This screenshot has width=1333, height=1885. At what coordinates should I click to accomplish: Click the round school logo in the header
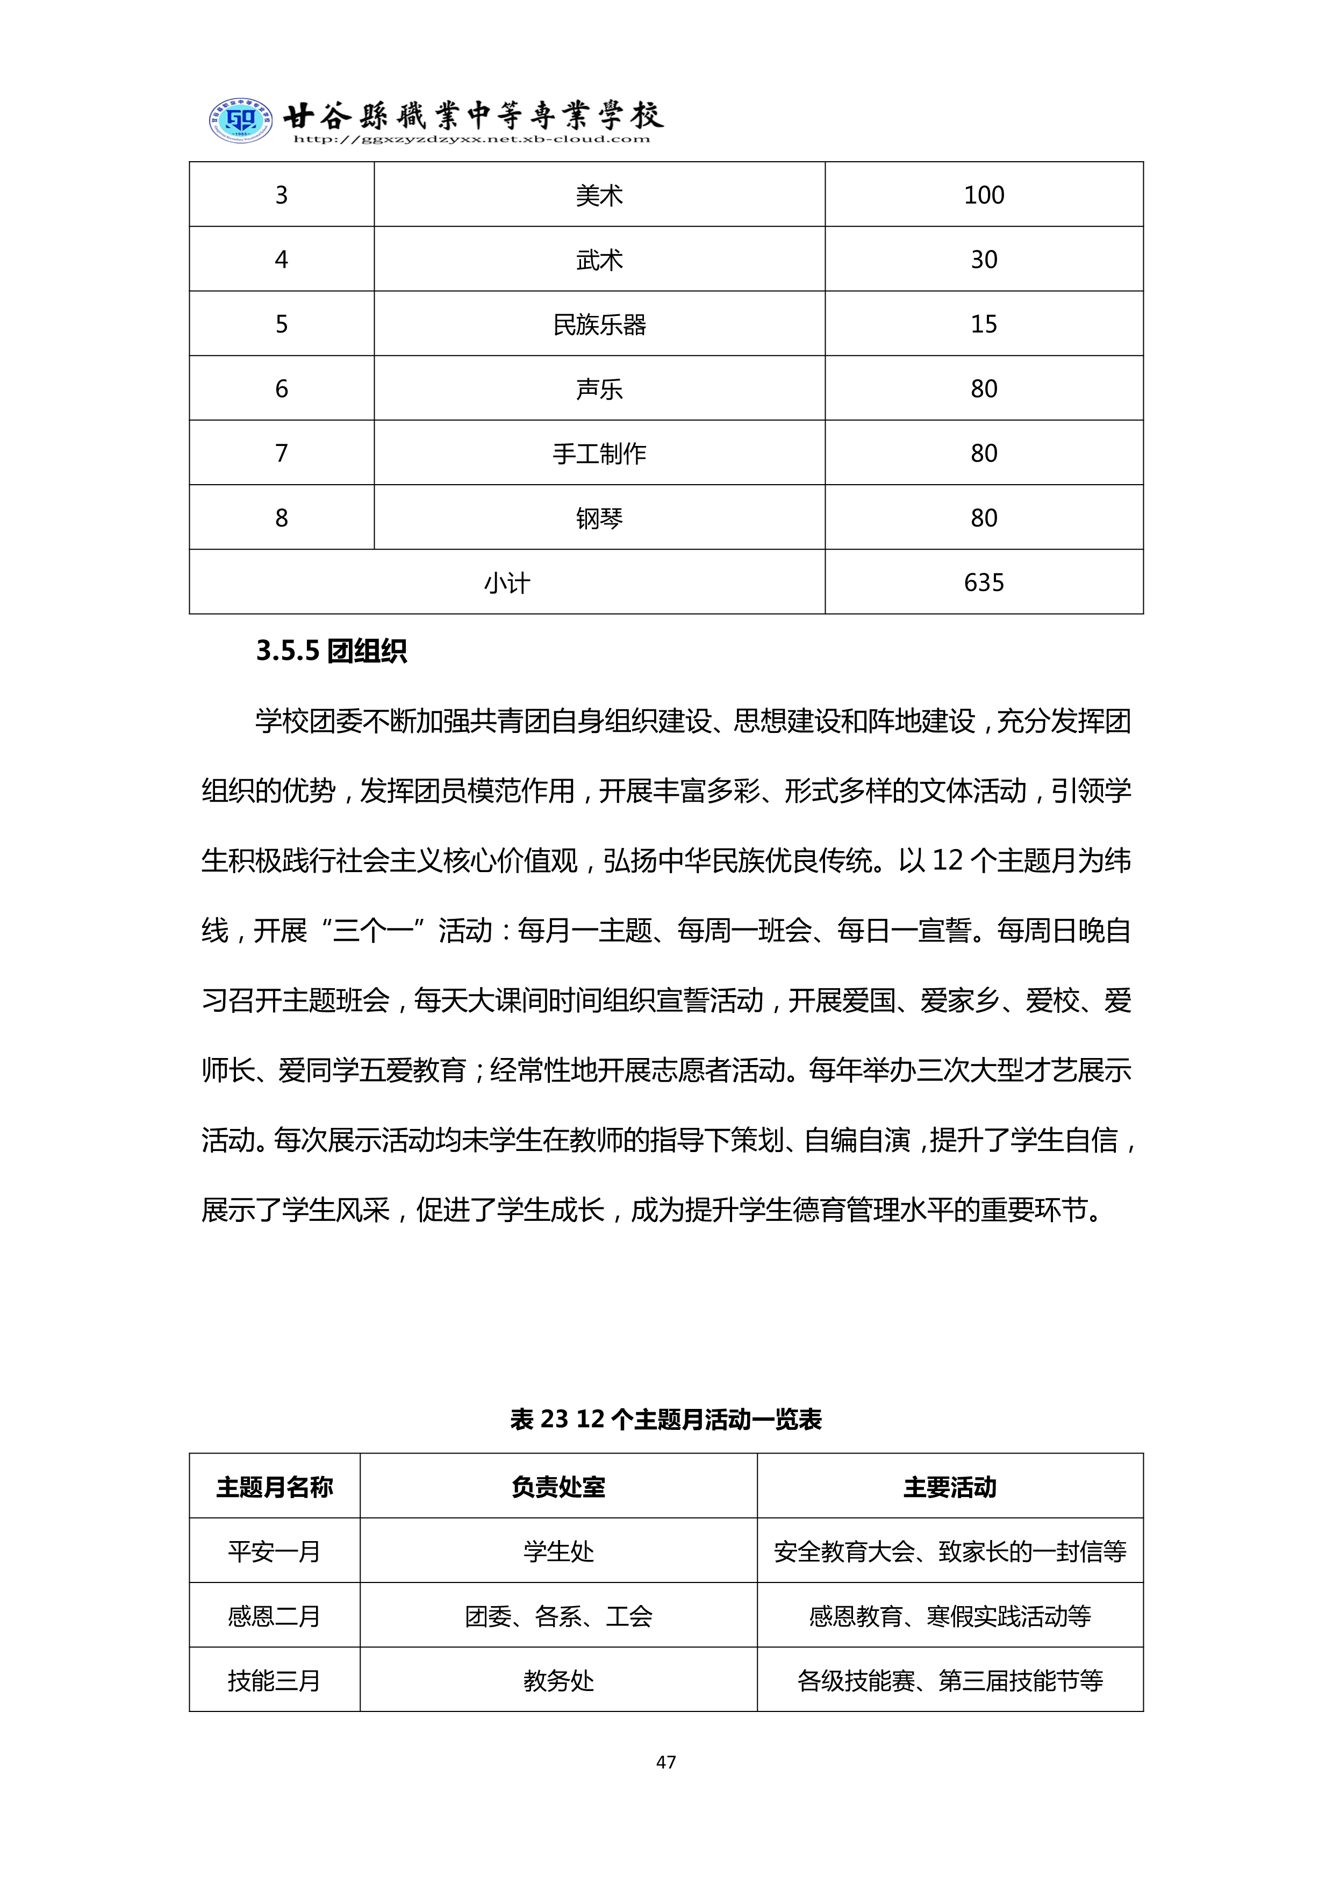[239, 121]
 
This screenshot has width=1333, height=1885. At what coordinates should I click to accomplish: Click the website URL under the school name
[471, 140]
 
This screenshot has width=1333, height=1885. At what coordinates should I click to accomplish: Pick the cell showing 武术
[599, 260]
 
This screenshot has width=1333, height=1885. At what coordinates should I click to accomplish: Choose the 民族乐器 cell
[599, 325]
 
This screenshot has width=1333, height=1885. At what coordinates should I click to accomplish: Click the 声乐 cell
[599, 389]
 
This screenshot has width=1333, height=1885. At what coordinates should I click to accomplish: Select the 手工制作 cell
[599, 453]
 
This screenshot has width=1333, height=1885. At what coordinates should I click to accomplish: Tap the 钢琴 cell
[599, 518]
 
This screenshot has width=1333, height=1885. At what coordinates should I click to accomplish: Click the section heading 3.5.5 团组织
[331, 651]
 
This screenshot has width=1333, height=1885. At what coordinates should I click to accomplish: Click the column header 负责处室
[558, 1487]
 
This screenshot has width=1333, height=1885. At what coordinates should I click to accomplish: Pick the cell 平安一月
[274, 1552]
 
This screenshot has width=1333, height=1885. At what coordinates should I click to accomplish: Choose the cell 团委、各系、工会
[558, 1616]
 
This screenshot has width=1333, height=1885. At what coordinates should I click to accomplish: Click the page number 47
[666, 1762]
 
